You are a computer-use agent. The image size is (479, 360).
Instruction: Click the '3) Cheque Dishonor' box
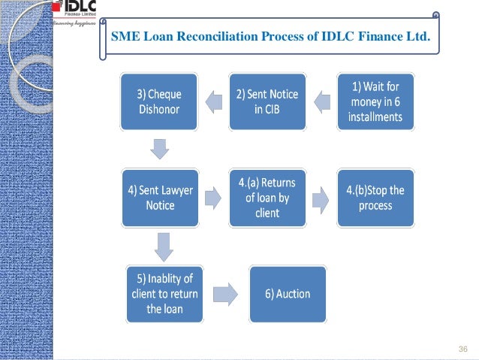click(x=159, y=101)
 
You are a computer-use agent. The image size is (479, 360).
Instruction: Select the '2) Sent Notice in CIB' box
click(x=267, y=101)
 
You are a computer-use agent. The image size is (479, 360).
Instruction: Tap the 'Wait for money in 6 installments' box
click(x=375, y=101)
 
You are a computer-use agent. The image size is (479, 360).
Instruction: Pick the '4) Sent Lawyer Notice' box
click(x=159, y=198)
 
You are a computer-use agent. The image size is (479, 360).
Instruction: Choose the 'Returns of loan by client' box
click(x=267, y=198)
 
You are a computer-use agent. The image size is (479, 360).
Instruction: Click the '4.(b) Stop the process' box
click(x=375, y=198)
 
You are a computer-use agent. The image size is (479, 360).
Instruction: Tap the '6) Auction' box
click(x=288, y=293)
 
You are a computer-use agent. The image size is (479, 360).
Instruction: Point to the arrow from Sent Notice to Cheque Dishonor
click(x=213, y=101)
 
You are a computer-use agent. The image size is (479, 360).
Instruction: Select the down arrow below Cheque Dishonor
click(x=159, y=149)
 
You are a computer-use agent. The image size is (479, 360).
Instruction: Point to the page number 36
click(x=462, y=349)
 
